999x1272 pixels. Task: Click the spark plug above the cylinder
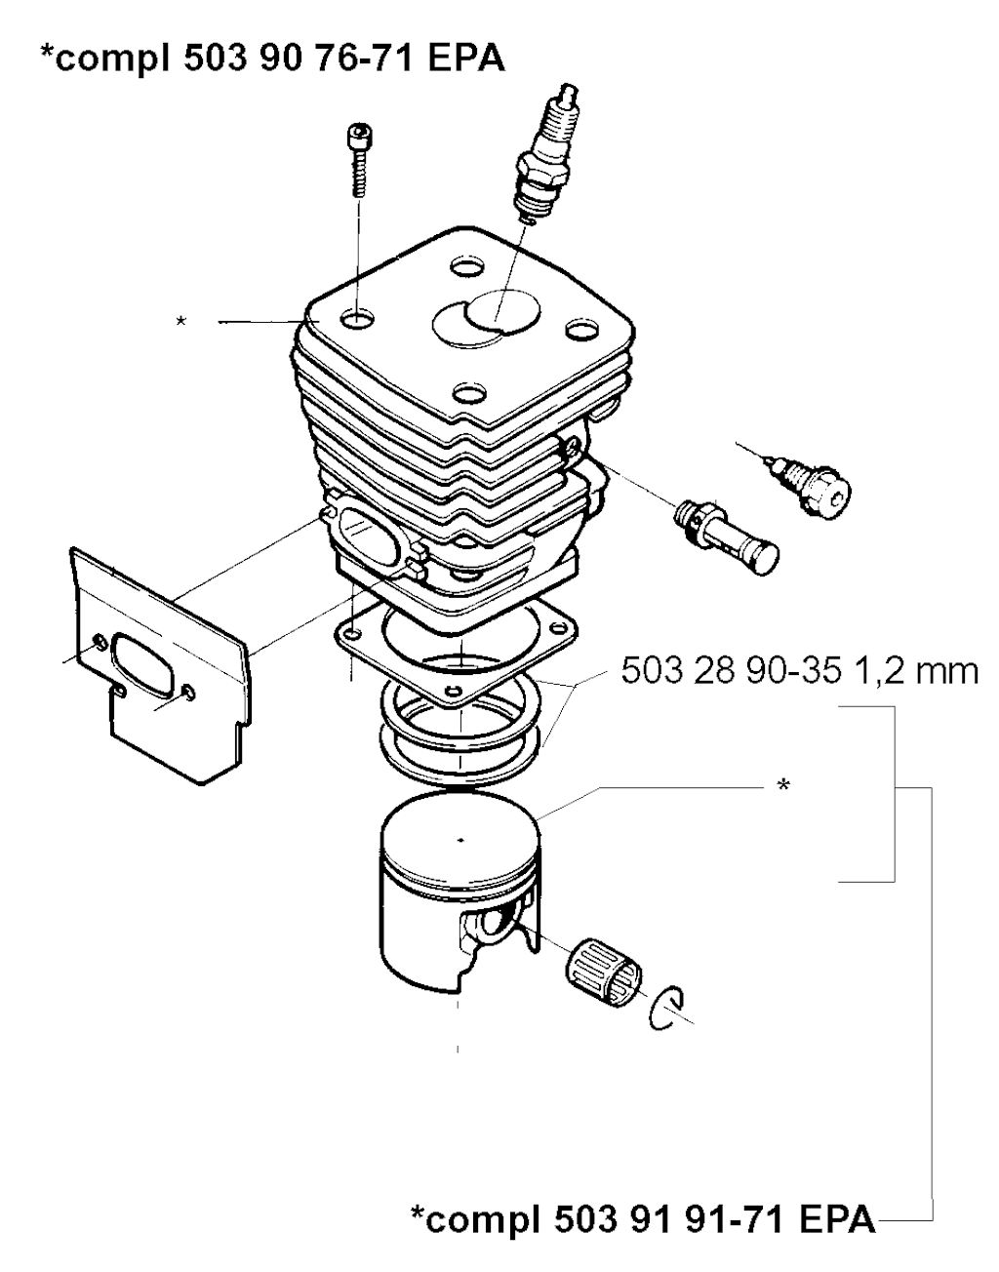click(543, 154)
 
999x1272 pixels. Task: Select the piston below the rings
click(460, 891)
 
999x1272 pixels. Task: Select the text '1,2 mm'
click(914, 671)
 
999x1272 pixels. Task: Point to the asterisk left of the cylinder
click(181, 321)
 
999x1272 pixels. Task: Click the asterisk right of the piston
click(782, 785)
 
